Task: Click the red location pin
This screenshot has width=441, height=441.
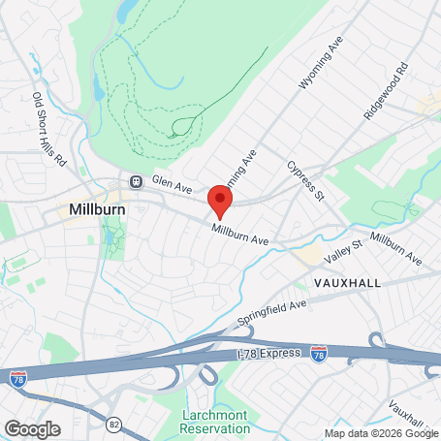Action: click(221, 202)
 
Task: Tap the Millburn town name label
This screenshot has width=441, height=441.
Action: click(93, 209)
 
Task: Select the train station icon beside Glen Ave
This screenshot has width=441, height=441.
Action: click(136, 180)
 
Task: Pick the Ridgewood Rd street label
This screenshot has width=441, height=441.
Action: click(388, 92)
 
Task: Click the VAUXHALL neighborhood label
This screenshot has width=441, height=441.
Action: click(348, 281)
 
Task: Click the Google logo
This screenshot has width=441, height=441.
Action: click(32, 427)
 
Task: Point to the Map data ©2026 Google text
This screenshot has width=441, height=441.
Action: click(381, 433)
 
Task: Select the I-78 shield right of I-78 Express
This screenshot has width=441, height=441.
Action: click(320, 356)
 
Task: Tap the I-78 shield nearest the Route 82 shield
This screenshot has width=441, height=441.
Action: click(17, 378)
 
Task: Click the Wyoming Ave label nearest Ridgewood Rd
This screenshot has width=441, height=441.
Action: click(321, 66)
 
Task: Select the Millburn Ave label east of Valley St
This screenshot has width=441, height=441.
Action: click(395, 248)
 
